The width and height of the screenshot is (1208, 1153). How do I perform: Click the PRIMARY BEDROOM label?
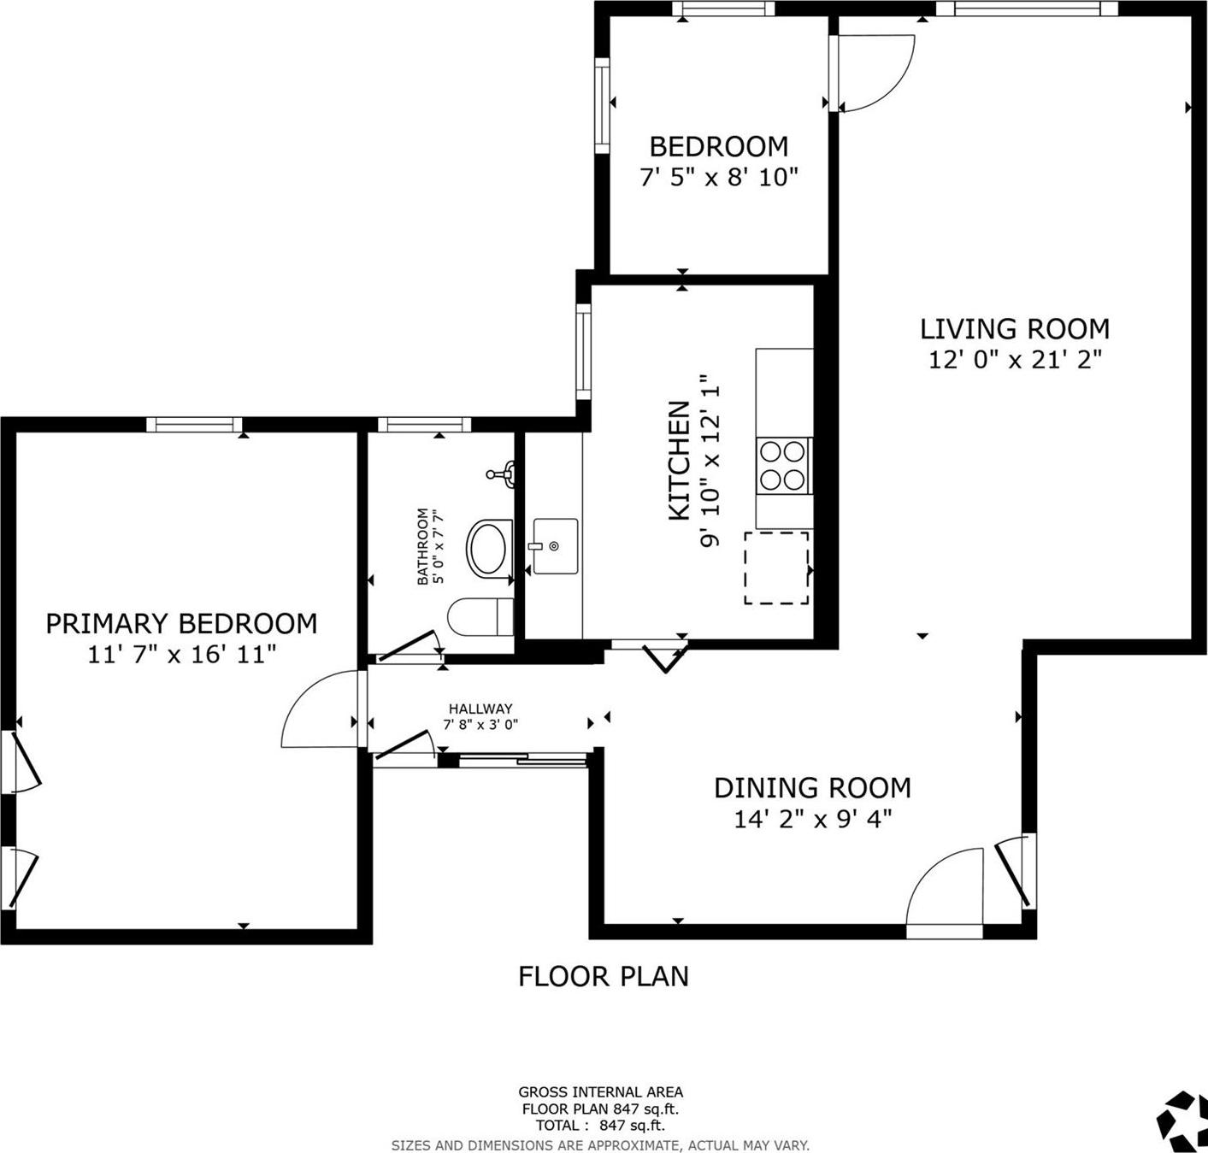click(181, 624)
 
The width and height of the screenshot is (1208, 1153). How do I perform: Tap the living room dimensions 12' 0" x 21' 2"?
click(1015, 360)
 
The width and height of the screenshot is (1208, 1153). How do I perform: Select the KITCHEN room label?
click(679, 460)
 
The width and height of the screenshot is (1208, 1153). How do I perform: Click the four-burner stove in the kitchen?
click(783, 465)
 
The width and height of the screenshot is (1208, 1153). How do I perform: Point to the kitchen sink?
click(554, 546)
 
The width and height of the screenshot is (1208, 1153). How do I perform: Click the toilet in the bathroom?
click(480, 616)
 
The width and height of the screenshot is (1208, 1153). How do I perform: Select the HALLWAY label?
click(480, 709)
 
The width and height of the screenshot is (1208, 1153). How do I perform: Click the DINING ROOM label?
click(812, 787)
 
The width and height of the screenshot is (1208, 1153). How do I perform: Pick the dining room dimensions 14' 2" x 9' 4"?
click(812, 819)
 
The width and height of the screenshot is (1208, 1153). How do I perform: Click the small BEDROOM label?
click(718, 147)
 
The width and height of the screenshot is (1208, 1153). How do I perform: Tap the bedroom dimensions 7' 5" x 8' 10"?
click(718, 178)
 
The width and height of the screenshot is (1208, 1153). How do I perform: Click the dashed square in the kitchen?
click(776, 568)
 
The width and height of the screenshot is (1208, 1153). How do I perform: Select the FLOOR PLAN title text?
click(603, 976)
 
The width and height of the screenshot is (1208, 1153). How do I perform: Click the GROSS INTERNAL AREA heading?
click(600, 1091)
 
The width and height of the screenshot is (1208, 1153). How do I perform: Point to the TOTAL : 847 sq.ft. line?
click(600, 1126)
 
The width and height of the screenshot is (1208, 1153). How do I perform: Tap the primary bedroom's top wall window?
click(194, 424)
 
